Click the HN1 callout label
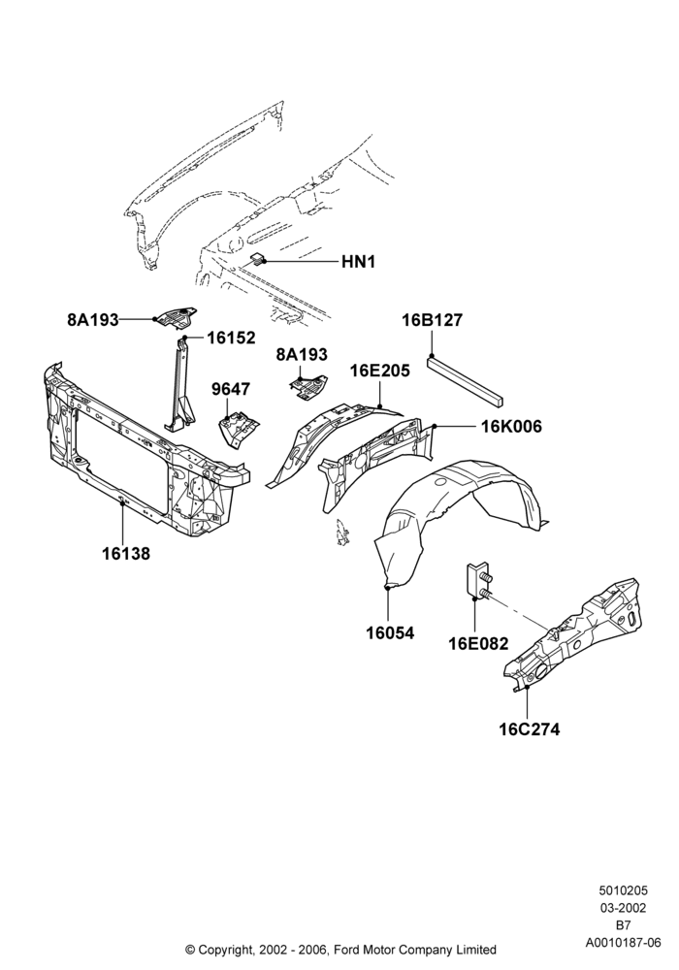click(358, 262)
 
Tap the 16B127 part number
click(432, 320)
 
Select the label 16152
click(231, 338)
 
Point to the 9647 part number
click(231, 389)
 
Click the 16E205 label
click(379, 372)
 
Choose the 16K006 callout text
click(511, 427)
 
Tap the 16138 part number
click(125, 553)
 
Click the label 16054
click(390, 633)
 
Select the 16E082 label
click(478, 644)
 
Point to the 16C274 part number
click(530, 730)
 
